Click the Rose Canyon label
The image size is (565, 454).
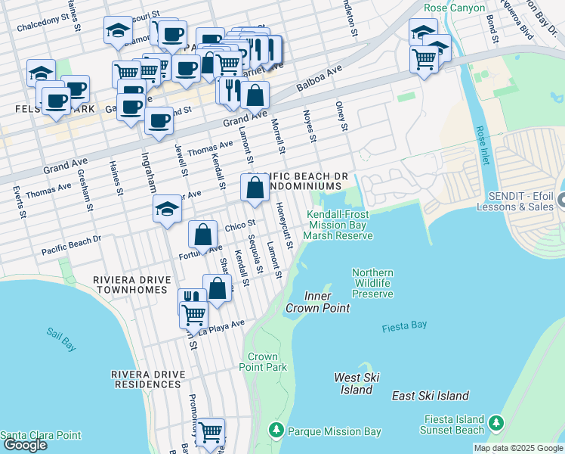[x=446, y=8]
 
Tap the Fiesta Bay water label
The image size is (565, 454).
[x=404, y=325]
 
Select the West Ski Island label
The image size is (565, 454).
[x=357, y=384]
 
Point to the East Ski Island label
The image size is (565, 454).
[x=431, y=396]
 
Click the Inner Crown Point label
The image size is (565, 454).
[x=317, y=302]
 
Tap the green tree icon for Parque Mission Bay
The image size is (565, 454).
[x=276, y=431]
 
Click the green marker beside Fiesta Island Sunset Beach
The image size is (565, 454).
[x=496, y=422]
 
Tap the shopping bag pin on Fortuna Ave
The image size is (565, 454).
[x=202, y=235]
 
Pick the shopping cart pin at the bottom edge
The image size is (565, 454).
[x=210, y=432]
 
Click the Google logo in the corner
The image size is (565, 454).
[x=24, y=445]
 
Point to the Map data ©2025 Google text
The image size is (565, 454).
[x=518, y=448]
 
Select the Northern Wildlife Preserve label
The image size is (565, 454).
[x=372, y=283]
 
